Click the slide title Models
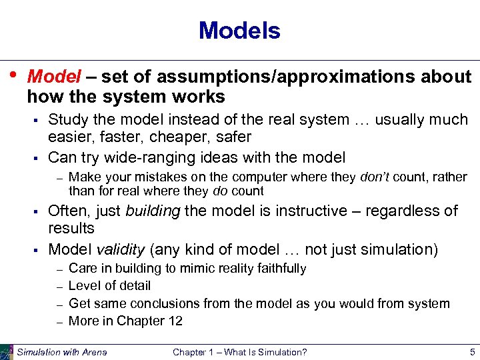(x=239, y=31)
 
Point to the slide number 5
(x=471, y=351)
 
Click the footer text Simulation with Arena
(x=61, y=352)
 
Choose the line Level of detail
(x=109, y=285)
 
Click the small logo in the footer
(x=7, y=351)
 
